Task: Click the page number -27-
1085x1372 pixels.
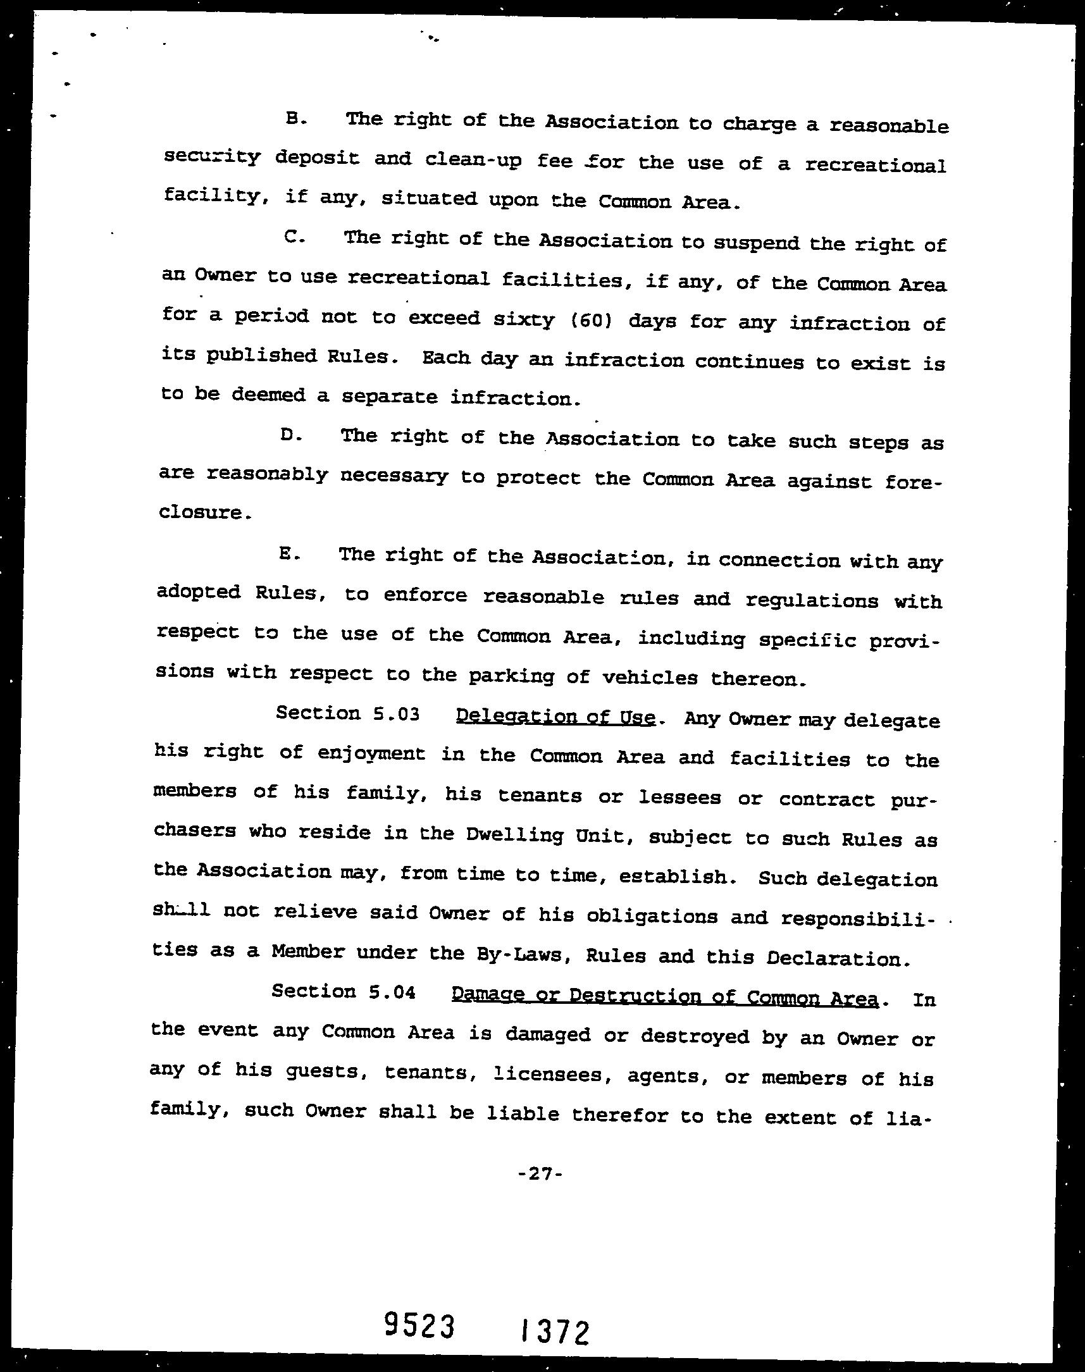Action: point(540,1174)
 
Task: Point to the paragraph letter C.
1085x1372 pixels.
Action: point(295,237)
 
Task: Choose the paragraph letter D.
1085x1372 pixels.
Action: point(290,436)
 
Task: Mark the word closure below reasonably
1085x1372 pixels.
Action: point(201,512)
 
